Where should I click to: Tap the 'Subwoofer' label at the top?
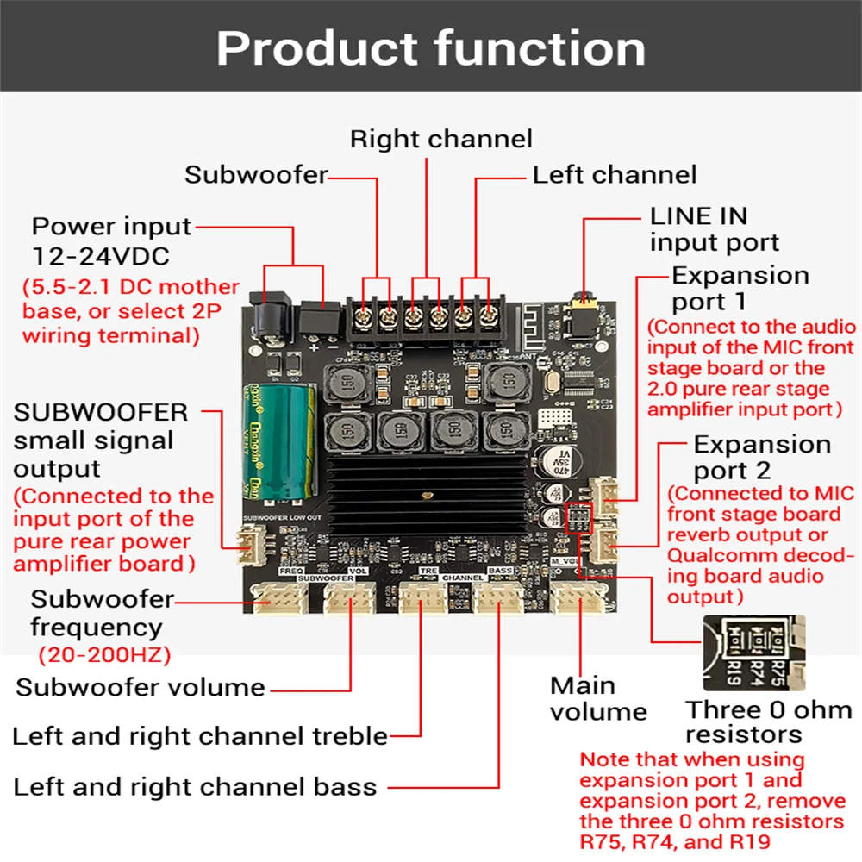pyautogui.click(x=256, y=175)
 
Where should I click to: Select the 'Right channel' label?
pyautogui.click(x=440, y=139)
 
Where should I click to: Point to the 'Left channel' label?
pyautogui.click(x=614, y=175)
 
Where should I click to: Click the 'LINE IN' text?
pyautogui.click(x=698, y=215)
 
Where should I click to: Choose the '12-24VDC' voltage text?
pyautogui.click(x=101, y=256)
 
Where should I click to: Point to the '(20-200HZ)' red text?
pyautogui.click(x=104, y=655)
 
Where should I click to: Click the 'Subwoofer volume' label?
pyautogui.click(x=141, y=688)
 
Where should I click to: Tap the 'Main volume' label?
pyautogui.click(x=597, y=698)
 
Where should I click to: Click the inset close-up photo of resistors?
pyautogui.click(x=753, y=653)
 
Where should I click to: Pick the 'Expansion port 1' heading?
pyautogui.click(x=740, y=288)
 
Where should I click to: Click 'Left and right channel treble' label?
pyautogui.click(x=199, y=737)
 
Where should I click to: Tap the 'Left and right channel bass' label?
pyautogui.click(x=195, y=787)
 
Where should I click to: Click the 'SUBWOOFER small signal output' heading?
pyautogui.click(x=100, y=440)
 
